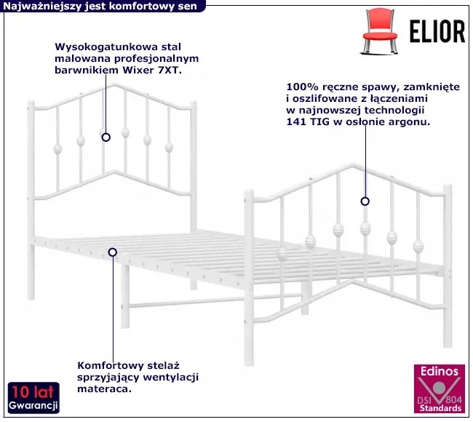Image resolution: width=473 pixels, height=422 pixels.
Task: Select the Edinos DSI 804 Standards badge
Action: [x=438, y=391]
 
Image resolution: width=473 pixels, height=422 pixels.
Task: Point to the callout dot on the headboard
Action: [x=106, y=137]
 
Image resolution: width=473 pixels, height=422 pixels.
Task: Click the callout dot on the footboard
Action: [x=365, y=202]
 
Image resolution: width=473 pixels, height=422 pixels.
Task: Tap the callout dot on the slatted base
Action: [x=113, y=252]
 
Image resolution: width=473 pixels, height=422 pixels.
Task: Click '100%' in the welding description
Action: [x=301, y=85]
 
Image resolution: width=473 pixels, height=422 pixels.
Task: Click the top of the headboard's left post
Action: [x=32, y=103]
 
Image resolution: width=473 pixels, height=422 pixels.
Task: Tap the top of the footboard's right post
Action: [x=448, y=187]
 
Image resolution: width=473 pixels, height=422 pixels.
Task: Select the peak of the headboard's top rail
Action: [x=116, y=86]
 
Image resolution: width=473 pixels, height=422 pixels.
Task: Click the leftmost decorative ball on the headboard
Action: [x=57, y=149]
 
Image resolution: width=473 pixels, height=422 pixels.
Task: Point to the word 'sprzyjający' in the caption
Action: [x=106, y=376]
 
